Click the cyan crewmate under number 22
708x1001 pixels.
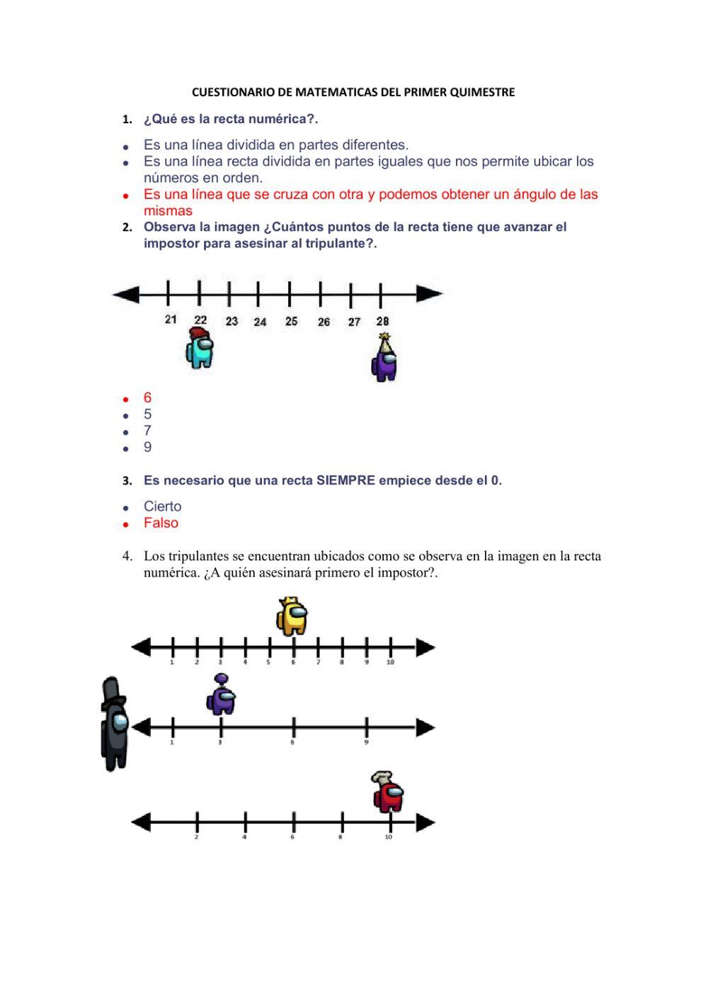(x=200, y=349)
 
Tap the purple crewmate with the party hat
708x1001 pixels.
(x=384, y=360)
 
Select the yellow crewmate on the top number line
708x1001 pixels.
(x=292, y=616)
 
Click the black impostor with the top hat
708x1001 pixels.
(x=115, y=724)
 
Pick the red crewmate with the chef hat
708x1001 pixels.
(x=387, y=793)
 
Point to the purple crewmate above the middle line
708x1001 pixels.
(x=222, y=696)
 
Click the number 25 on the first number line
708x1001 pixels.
(x=291, y=322)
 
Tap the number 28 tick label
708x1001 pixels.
(x=382, y=322)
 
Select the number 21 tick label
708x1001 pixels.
(x=171, y=319)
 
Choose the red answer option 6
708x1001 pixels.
(x=147, y=398)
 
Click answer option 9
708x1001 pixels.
(x=147, y=448)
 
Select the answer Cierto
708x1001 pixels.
(x=162, y=507)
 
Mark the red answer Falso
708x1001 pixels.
(x=161, y=524)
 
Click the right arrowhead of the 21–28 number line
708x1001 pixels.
(x=430, y=293)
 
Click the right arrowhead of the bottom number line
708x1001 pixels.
(x=425, y=822)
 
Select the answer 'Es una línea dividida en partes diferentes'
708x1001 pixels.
(x=276, y=145)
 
